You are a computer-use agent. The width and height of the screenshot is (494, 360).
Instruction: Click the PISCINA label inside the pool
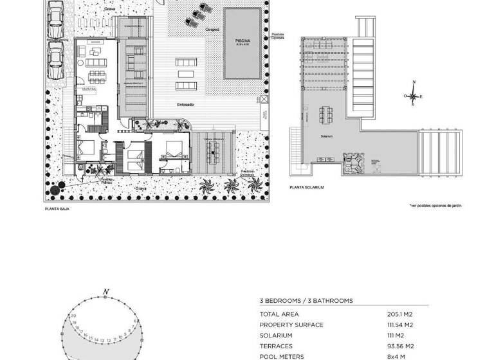242,40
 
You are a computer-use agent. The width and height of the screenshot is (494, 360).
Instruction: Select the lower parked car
55,62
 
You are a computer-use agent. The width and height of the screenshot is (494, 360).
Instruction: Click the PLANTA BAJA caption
57,209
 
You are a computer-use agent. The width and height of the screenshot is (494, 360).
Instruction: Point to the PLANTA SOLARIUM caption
307,187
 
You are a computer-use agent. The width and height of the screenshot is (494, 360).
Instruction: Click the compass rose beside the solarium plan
413,96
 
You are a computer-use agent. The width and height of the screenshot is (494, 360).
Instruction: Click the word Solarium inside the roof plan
327,136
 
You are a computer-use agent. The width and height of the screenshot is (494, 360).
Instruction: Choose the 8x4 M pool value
395,356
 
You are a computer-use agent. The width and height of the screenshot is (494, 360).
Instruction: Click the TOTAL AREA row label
279,314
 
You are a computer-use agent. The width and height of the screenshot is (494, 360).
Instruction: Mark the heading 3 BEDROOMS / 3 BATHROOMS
306,300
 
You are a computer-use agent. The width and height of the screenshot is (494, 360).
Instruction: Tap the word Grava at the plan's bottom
141,188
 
